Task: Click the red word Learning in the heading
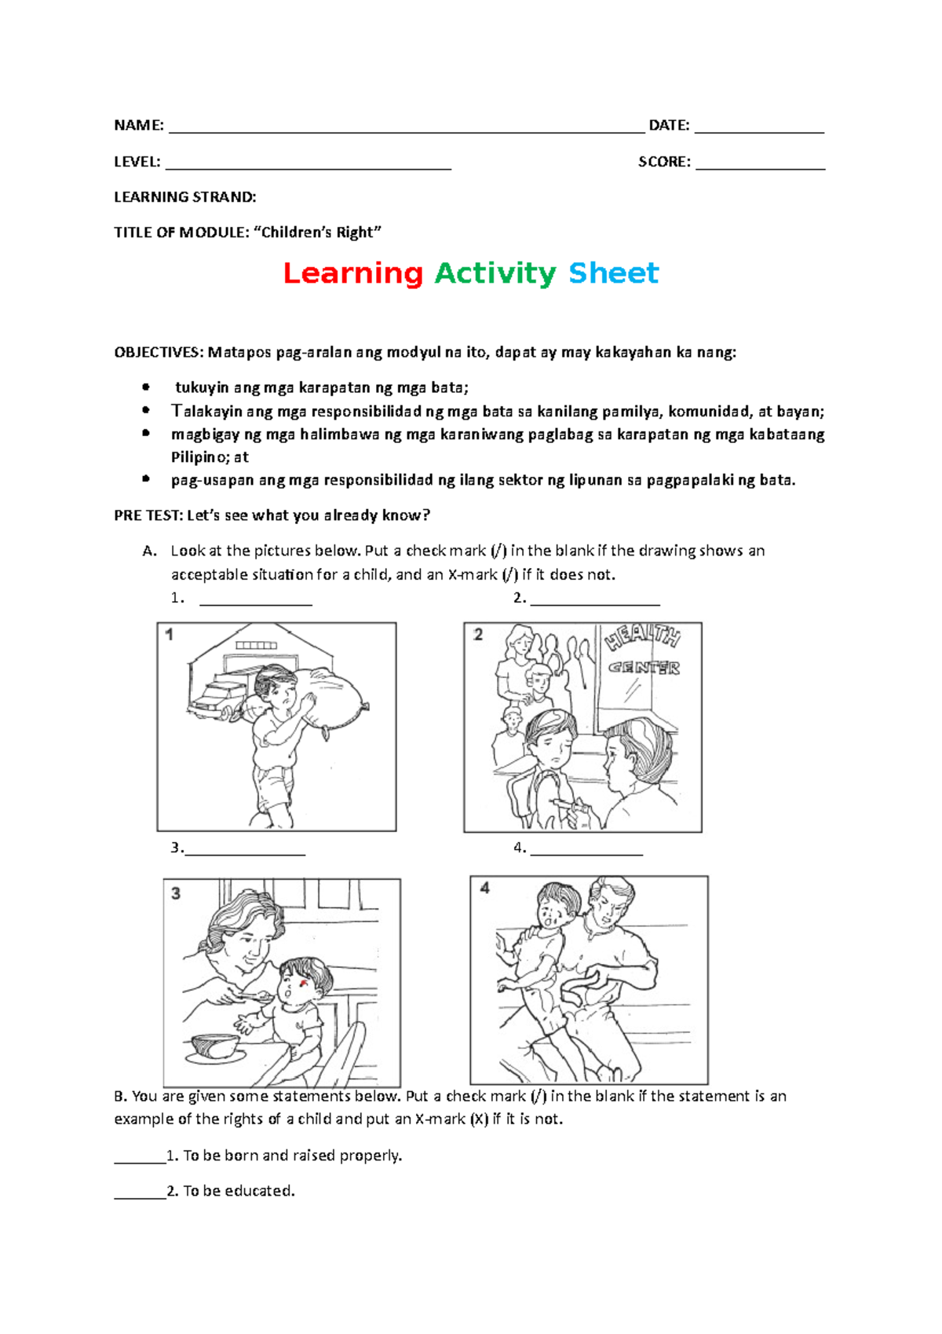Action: tap(353, 274)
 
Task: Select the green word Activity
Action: tap(495, 274)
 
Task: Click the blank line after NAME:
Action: tap(407, 133)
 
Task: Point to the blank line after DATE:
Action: tap(759, 133)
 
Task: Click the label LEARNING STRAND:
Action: tap(185, 197)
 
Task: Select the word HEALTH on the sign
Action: tap(643, 638)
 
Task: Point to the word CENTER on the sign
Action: tap(644, 668)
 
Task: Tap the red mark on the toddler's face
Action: tap(305, 983)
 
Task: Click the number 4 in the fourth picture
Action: tap(485, 889)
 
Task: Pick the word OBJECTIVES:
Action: tap(159, 354)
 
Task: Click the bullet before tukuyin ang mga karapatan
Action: tap(145, 387)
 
